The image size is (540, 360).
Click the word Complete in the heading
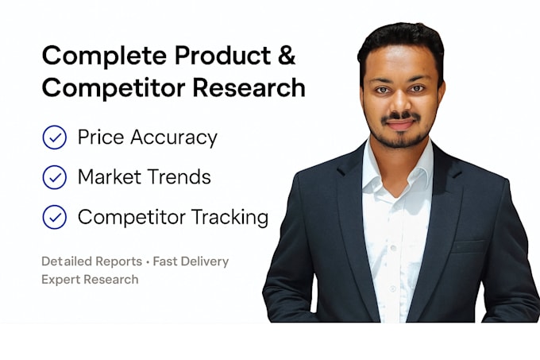pos(105,56)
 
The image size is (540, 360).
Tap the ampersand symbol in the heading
pos(287,55)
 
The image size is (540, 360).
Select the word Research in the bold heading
pos(249,87)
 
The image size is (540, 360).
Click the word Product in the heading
pos(223,55)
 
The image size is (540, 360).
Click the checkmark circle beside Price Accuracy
pos(55,137)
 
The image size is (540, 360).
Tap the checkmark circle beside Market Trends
pos(55,177)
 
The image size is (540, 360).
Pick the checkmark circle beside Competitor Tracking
pos(55,217)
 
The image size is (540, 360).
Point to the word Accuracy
pos(174,138)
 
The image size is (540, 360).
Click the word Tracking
pos(229,218)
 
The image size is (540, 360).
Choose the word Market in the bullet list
pos(110,176)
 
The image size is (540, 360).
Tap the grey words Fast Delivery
pos(191,261)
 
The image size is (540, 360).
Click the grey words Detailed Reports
pos(91,261)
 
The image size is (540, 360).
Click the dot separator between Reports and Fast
pos(148,262)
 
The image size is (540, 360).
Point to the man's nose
pos(399,103)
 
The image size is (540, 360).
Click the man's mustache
pos(400,117)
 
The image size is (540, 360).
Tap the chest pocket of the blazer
pos(469,246)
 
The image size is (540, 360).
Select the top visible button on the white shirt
pos(393,248)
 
